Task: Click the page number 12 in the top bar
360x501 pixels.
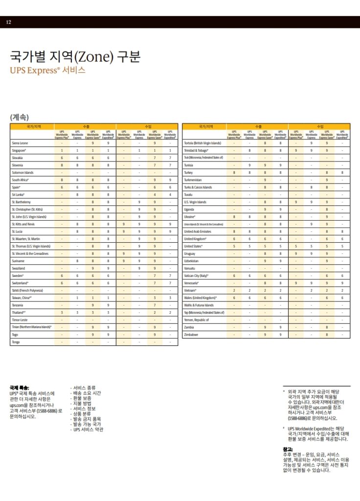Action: (x=9, y=23)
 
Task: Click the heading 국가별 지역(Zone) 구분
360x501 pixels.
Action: (x=75, y=57)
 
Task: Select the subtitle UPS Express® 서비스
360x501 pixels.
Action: (x=47, y=70)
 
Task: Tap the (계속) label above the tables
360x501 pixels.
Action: (x=19, y=117)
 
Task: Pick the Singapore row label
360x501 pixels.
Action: (x=19, y=151)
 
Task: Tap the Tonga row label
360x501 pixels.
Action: (x=16, y=342)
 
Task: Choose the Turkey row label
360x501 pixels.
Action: (x=189, y=173)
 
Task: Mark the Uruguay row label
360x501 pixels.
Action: (x=190, y=253)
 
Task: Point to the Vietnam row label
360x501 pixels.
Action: (x=190, y=290)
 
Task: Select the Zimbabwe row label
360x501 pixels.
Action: (x=192, y=334)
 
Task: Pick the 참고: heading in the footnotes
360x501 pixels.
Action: (x=288, y=449)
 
